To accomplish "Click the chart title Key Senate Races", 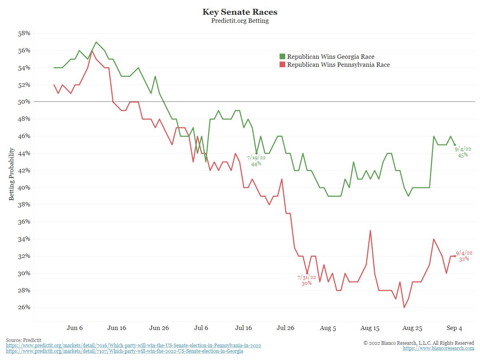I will [240, 12].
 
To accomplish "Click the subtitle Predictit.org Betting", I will [240, 21].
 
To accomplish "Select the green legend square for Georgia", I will [282, 56].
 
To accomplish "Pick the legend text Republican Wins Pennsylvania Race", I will [338, 64].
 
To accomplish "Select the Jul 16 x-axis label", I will [244, 328].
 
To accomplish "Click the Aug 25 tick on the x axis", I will [412, 328].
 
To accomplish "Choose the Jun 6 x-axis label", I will [75, 328].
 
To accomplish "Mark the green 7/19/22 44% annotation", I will [256, 161].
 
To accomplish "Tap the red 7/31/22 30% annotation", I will [306, 280].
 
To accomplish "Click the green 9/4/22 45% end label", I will [463, 152].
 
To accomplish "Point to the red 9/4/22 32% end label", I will [464, 256].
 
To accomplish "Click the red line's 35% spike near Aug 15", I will [370, 230].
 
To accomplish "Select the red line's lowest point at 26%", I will [404, 307].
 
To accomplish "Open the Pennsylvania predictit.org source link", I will [134, 345].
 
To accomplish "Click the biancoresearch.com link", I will [438, 348].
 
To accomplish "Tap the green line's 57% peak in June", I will [96, 42].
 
